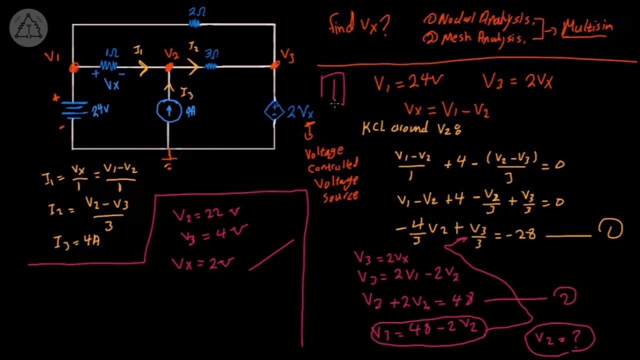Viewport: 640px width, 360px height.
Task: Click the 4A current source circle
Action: click(169, 110)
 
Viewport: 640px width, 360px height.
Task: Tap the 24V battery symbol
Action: click(74, 110)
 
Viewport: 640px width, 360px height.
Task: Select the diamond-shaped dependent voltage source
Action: click(273, 111)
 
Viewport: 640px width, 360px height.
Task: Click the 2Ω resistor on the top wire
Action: click(195, 23)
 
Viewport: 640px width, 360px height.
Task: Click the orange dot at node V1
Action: click(74, 67)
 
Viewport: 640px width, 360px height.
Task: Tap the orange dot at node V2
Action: click(169, 66)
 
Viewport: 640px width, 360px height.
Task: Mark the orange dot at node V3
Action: click(274, 65)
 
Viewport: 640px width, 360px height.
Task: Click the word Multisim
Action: click(587, 26)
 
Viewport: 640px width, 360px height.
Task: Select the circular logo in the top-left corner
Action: click(28, 28)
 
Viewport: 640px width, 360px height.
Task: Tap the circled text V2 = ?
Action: click(559, 338)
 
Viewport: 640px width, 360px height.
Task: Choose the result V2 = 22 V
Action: click(206, 214)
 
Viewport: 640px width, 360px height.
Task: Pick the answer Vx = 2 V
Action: click(202, 263)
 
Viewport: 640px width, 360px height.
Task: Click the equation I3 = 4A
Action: click(77, 242)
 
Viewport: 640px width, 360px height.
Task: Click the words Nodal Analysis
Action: click(482, 20)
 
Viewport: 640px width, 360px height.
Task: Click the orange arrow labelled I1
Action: click(143, 67)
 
